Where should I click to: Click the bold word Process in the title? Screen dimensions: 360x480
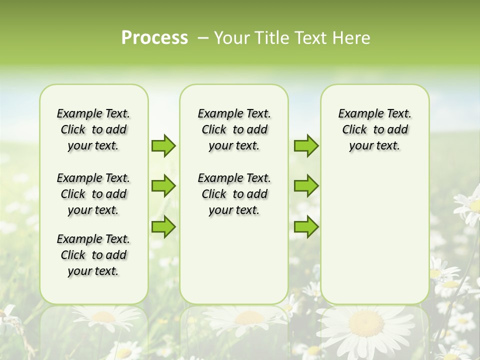click(154, 38)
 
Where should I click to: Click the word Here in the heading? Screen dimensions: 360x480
click(352, 38)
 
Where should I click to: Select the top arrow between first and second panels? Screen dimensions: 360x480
click(163, 146)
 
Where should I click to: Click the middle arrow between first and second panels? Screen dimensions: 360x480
click(163, 186)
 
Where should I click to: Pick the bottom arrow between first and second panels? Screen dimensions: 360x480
click(163, 227)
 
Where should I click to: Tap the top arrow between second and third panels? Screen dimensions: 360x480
click(306, 146)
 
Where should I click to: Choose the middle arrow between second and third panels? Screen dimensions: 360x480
click(306, 186)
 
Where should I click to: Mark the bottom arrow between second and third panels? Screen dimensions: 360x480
click(306, 227)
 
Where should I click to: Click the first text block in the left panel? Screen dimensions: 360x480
click(93, 129)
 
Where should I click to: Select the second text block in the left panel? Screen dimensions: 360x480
click(93, 194)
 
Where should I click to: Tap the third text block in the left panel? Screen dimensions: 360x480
click(93, 255)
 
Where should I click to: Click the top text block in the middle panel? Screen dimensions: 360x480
click(234, 129)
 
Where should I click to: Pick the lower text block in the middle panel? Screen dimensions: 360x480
click(234, 194)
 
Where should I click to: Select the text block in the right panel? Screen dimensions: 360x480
click(374, 129)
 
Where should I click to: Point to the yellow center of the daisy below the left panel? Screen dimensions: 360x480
click(103, 316)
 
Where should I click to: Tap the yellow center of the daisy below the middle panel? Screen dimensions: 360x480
click(249, 317)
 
